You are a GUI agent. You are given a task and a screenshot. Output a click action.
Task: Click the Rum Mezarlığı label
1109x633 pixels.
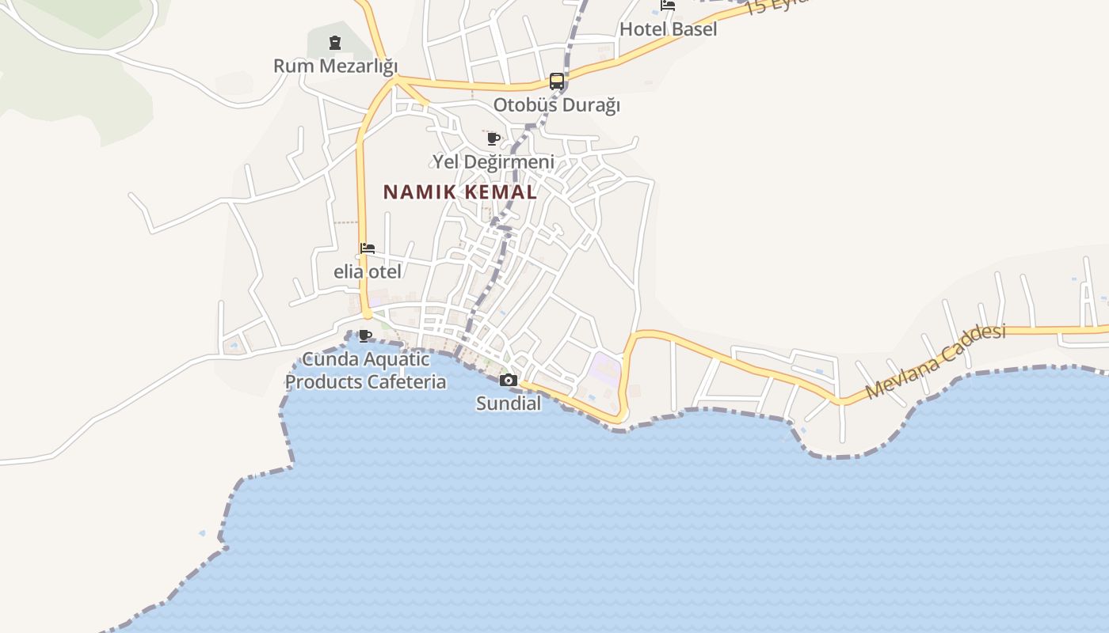tap(335, 66)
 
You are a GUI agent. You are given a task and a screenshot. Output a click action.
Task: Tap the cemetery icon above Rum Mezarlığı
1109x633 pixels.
tap(335, 42)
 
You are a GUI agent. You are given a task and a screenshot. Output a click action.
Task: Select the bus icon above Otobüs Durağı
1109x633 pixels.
tap(557, 81)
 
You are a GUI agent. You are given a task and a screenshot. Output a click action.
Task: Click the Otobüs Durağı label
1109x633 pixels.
tap(556, 104)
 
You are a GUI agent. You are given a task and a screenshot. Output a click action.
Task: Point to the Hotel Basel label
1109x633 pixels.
tap(668, 29)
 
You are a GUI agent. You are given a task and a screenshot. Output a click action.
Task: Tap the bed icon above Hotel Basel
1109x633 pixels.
tap(668, 6)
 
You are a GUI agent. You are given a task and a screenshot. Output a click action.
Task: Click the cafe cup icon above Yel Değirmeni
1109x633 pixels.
tap(494, 139)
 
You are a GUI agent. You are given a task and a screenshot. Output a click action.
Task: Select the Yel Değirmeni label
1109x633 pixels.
tap(493, 162)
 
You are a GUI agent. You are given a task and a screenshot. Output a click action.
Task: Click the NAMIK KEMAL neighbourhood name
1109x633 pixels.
tap(460, 192)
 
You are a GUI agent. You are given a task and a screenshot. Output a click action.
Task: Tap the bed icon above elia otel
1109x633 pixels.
tap(367, 248)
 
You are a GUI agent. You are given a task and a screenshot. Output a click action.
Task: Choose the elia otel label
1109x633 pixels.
tap(367, 271)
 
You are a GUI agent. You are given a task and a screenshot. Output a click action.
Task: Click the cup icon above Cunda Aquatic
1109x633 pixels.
tap(365, 335)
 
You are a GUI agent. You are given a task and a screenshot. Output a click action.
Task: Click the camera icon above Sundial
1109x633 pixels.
tap(509, 381)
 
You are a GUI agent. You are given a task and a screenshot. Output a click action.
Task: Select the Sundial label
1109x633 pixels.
tap(509, 404)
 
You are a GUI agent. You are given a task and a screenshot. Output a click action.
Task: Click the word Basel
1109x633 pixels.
tap(694, 29)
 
